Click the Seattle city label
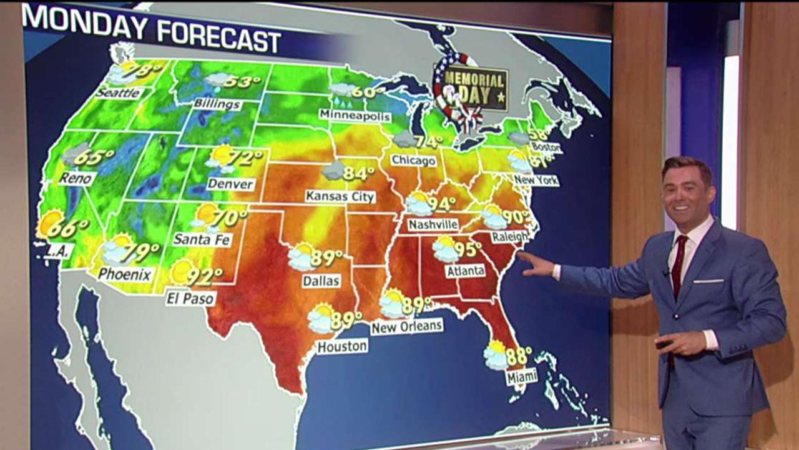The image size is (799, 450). pos(119,93)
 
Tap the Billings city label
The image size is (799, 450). pos(217,104)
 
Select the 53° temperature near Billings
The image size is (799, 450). pos(242,82)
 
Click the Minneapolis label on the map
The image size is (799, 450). pos(355,116)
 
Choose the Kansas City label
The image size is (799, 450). pos(340,196)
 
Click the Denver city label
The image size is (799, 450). pos(231,184)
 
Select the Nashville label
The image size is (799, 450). pos(433,224)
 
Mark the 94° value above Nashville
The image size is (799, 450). pos(442,204)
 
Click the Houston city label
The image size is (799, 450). pos(342,346)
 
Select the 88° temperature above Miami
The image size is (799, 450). pos(519,356)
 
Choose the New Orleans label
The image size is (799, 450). pos(406,326)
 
